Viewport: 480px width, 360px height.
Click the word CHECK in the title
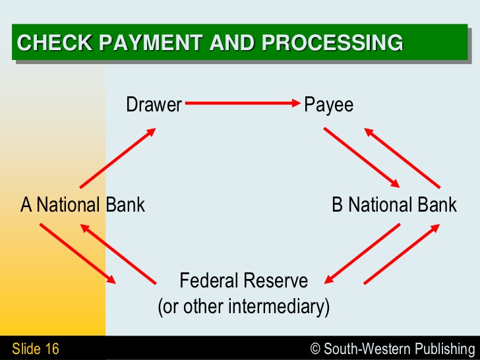coord(55,42)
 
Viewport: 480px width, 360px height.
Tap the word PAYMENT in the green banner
coord(150,42)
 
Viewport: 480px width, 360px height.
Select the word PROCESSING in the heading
coord(332,42)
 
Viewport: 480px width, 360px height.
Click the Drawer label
coord(154,104)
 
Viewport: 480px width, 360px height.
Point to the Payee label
coord(329,105)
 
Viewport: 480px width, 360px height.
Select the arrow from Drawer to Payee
coord(243,103)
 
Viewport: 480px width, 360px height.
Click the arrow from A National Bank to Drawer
coord(118,158)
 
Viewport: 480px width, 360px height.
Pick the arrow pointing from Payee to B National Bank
coord(361,158)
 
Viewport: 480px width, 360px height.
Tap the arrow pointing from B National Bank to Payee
coord(402,158)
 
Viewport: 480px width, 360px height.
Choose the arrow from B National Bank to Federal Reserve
coord(362,254)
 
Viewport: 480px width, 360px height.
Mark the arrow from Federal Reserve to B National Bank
coord(402,254)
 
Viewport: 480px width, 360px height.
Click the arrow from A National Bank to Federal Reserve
coord(78,254)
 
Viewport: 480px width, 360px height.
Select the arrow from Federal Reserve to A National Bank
coord(118,254)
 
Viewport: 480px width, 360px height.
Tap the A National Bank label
coord(82,204)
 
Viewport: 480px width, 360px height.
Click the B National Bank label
coord(394,204)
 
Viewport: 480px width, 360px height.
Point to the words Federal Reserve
coord(244,280)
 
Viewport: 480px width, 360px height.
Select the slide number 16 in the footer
coord(52,349)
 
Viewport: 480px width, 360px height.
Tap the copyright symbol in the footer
coord(315,349)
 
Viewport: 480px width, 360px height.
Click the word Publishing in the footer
coord(445,349)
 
